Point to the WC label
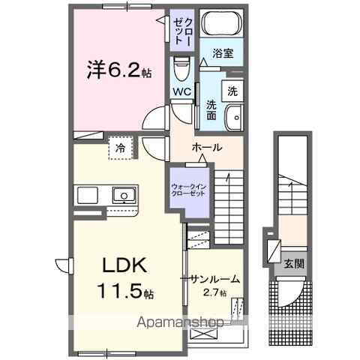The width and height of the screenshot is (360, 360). tap(182, 91)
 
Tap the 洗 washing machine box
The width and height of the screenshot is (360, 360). tap(232, 91)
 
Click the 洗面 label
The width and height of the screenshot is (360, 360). tap(211, 110)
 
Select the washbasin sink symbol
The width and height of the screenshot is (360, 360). tap(234, 116)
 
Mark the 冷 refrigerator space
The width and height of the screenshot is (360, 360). tap(120, 148)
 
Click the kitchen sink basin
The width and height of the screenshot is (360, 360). tap(123, 196)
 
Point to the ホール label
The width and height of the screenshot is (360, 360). tap(206, 147)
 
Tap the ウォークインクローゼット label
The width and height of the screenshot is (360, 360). tap(187, 189)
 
